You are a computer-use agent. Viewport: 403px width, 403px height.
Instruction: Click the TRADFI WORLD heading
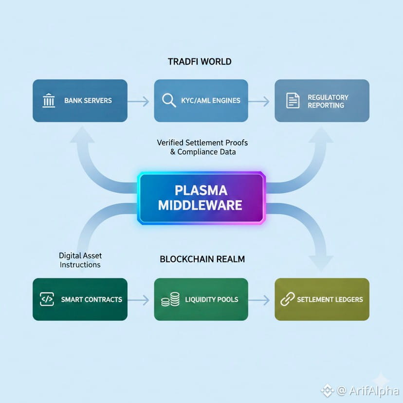200,62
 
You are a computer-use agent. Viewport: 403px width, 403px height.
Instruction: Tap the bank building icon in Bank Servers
49,101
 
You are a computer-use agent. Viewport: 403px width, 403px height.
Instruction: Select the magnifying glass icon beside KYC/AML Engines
169,101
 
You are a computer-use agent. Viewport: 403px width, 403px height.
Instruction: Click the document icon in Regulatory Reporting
293,101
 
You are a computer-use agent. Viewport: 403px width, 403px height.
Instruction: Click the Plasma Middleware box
201,198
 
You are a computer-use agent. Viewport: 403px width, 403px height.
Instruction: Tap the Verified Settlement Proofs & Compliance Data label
202,147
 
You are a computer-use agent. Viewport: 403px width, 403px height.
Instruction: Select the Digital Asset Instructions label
80,260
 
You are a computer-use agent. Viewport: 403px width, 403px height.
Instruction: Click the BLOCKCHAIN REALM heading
202,259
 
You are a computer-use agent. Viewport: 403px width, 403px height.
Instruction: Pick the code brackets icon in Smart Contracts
47,299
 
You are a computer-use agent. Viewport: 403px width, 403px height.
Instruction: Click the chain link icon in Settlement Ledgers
287,299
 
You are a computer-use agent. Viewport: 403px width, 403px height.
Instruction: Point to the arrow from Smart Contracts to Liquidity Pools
140,300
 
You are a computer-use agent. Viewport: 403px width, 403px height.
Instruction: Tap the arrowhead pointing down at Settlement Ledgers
320,263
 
